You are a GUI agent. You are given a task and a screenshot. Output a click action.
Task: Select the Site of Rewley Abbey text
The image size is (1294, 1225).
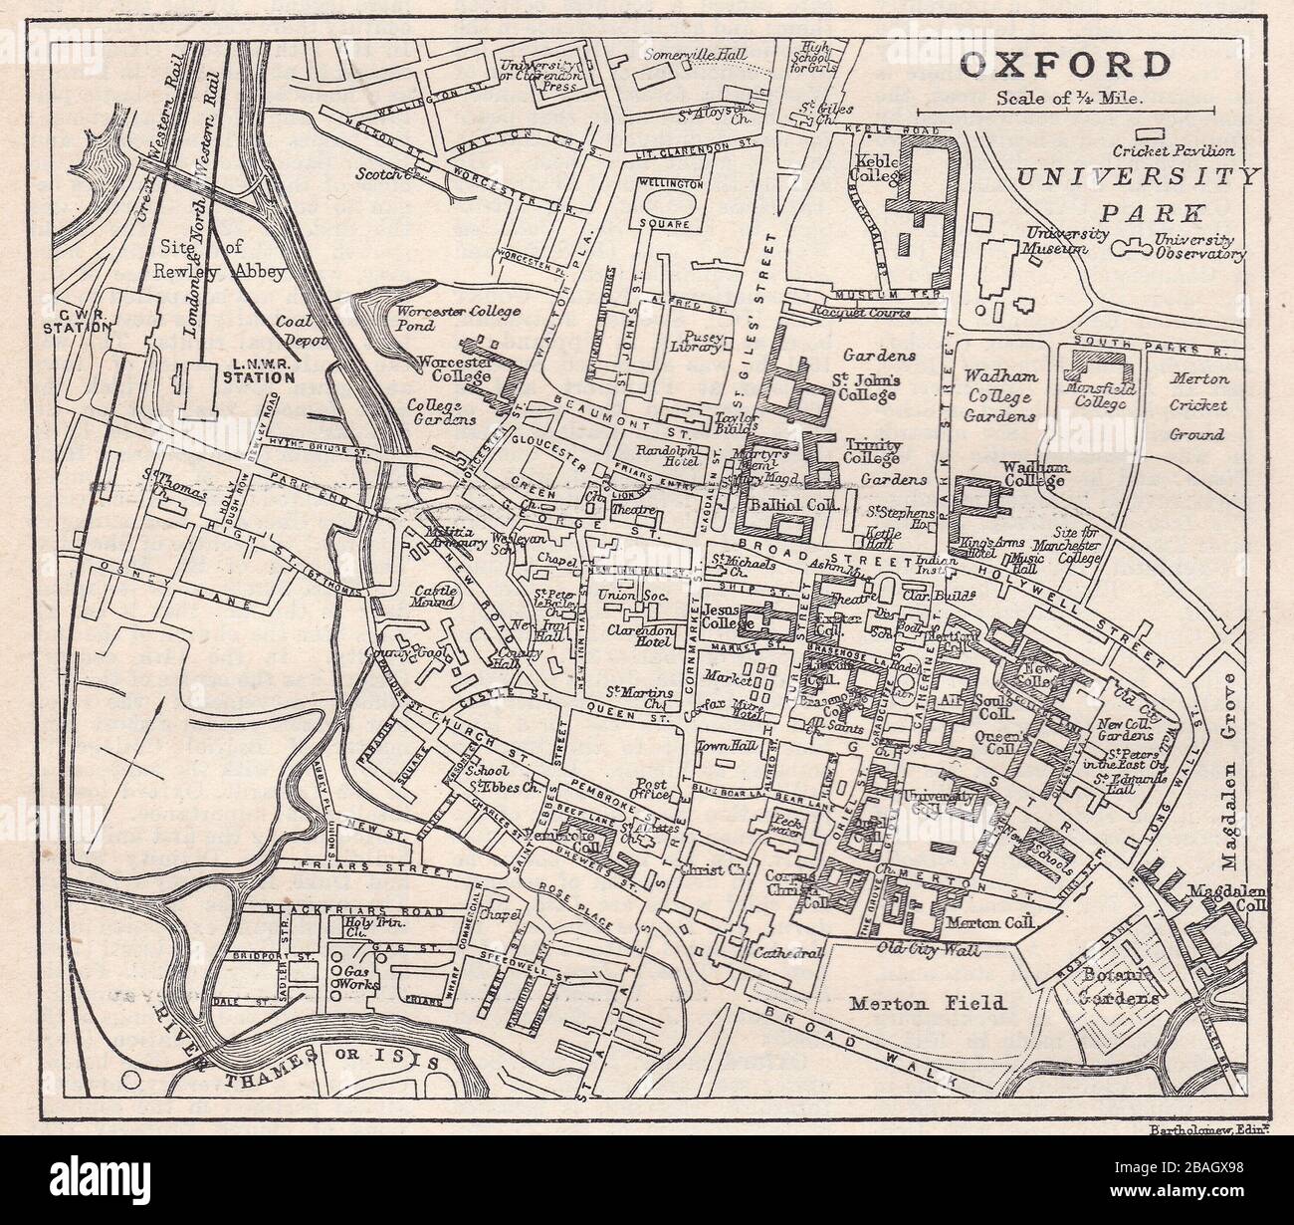219,258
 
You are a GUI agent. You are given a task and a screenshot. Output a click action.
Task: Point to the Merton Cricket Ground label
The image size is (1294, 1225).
1198,406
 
